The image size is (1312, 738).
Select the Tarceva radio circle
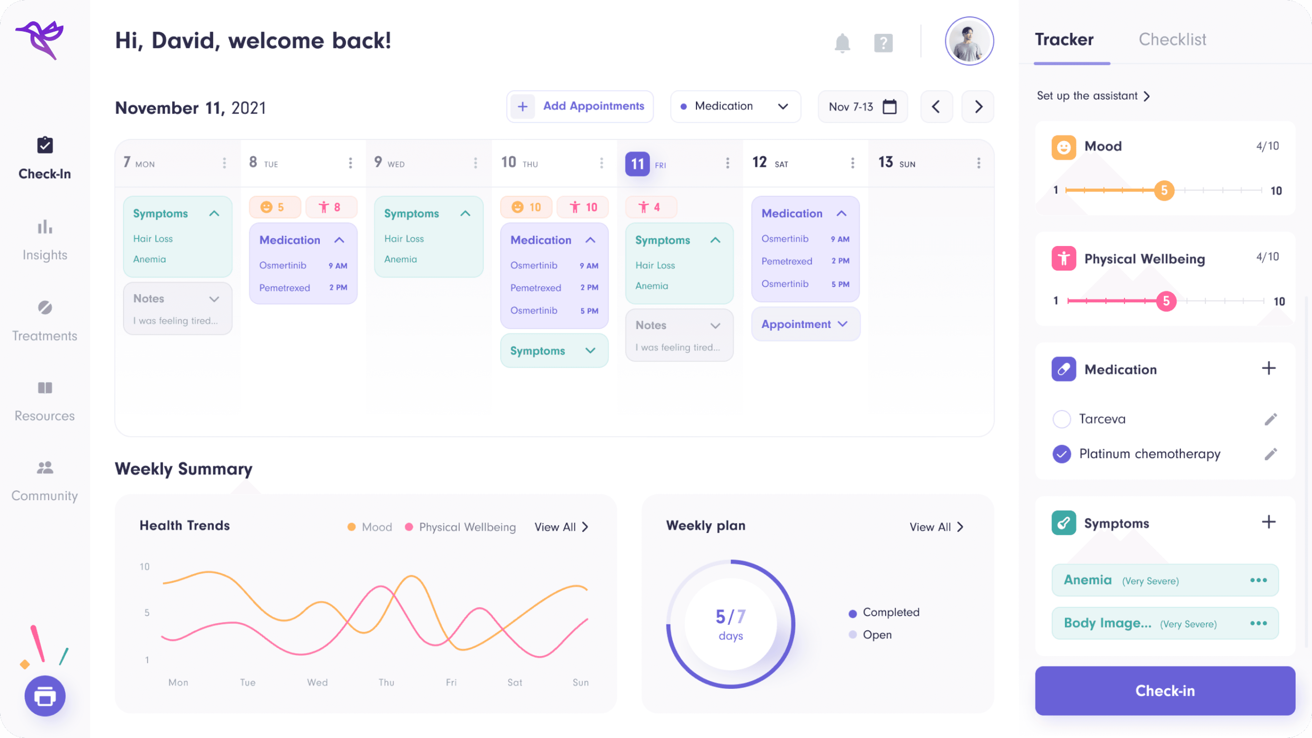coord(1061,419)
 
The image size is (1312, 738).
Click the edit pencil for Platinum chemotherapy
coord(1270,454)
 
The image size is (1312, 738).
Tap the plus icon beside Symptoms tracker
coord(1268,522)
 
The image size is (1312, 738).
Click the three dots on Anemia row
coord(1258,580)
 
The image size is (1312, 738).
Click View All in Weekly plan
coord(936,527)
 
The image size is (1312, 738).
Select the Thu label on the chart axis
coord(386,683)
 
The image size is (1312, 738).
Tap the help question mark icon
coord(883,43)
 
